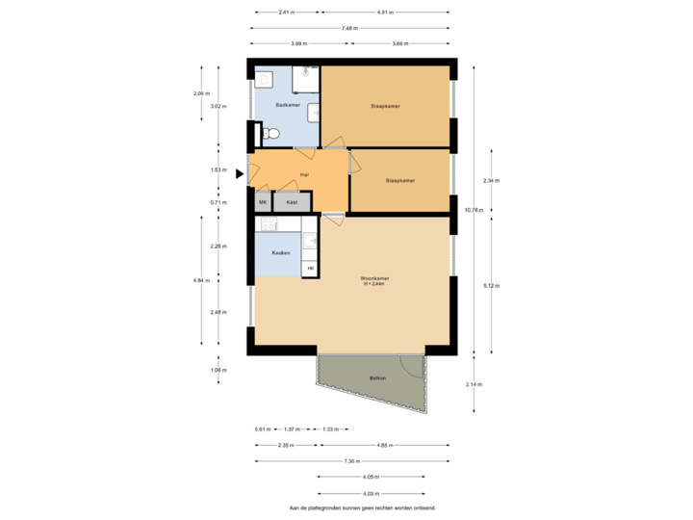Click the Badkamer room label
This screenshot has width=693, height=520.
point(288,104)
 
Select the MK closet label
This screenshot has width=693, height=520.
point(262,202)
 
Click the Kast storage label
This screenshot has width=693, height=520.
point(291,202)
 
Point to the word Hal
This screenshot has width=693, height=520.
point(304,174)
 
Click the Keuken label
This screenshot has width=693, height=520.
point(281,253)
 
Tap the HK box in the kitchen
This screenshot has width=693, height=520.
point(310,268)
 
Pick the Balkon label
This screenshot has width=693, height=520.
point(377,378)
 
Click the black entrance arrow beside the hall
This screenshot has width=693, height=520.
point(241,174)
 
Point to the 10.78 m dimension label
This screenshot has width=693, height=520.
point(473,209)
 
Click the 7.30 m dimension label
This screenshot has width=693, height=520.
point(352,461)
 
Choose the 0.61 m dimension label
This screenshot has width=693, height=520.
point(261,429)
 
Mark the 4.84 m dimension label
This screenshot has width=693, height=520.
point(200,280)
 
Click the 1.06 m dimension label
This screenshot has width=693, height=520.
point(218,370)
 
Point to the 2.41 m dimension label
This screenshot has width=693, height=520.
point(286,13)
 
